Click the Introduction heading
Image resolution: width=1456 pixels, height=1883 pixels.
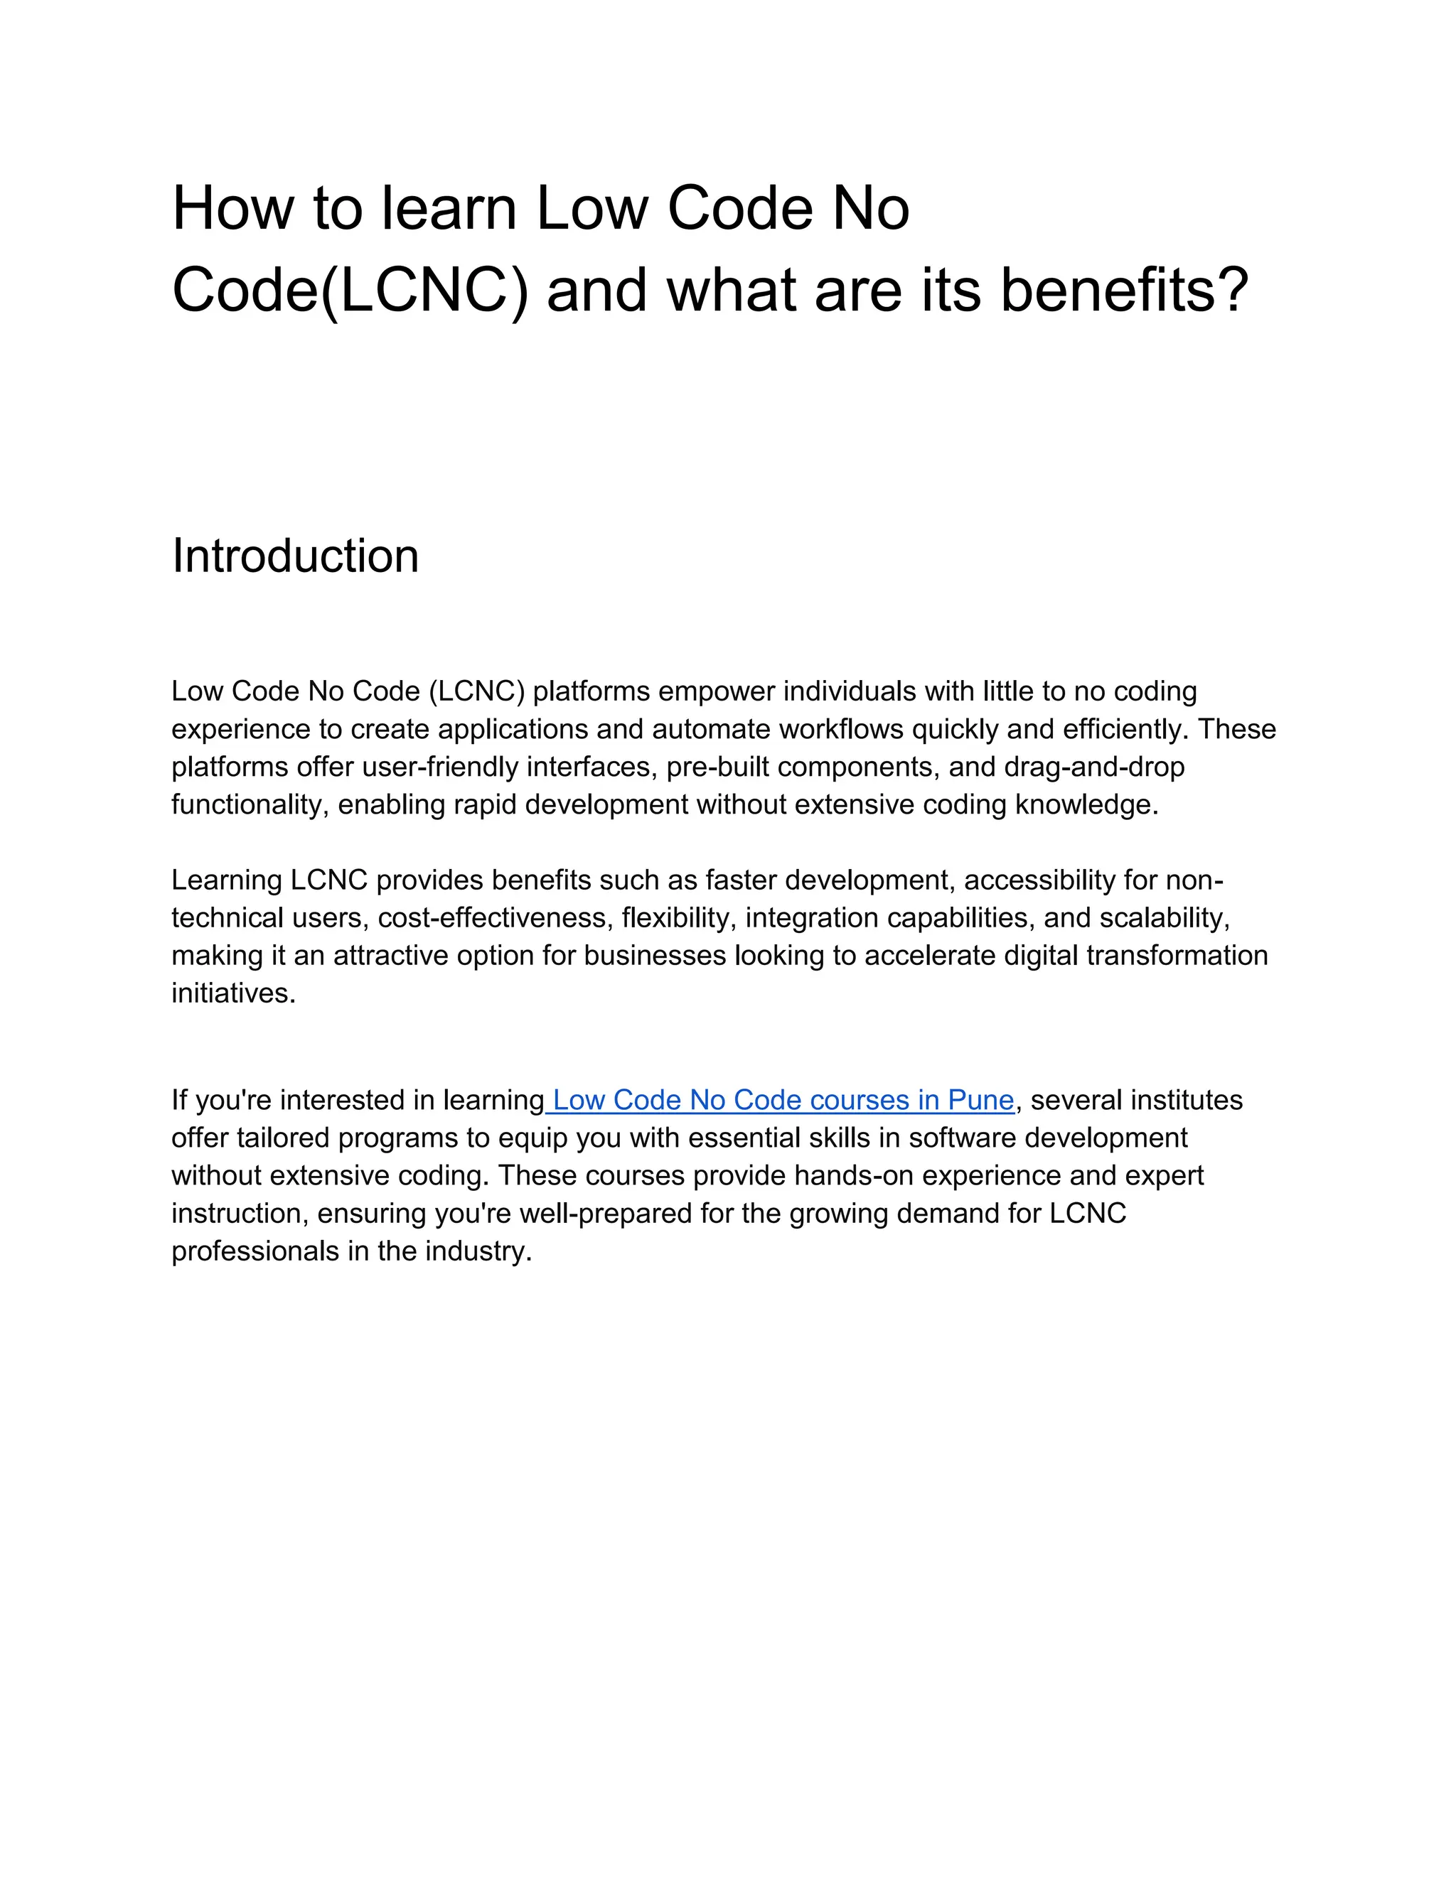click(x=295, y=556)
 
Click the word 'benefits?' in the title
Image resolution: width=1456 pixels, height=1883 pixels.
click(x=1124, y=290)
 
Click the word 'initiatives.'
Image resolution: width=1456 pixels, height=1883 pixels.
click(x=233, y=993)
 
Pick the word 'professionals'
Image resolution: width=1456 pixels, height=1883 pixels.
click(x=255, y=1251)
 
